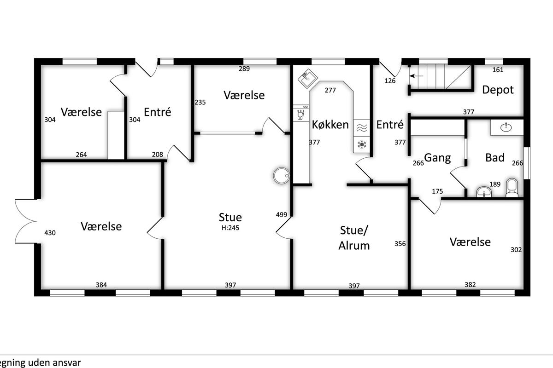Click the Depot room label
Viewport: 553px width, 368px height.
click(498, 90)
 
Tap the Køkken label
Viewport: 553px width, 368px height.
click(330, 125)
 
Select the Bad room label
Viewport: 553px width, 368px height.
click(495, 157)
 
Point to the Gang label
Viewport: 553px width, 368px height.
click(437, 158)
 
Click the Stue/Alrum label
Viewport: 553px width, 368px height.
click(354, 238)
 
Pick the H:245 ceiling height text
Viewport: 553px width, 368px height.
click(230, 228)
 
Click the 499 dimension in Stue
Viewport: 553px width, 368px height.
click(282, 215)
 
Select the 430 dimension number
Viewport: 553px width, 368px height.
click(50, 233)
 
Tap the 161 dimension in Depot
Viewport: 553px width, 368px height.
click(498, 70)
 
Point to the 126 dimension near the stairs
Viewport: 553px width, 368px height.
click(390, 80)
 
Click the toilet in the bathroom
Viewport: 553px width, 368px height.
click(512, 188)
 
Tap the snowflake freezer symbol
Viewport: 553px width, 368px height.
click(362, 144)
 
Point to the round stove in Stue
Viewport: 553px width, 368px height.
click(282, 176)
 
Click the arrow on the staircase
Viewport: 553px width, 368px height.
click(417, 76)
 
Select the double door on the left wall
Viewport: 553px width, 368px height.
click(26, 221)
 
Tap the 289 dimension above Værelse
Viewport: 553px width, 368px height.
click(244, 69)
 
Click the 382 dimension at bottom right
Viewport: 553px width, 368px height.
click(470, 285)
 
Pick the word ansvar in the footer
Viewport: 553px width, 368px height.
click(68, 362)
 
